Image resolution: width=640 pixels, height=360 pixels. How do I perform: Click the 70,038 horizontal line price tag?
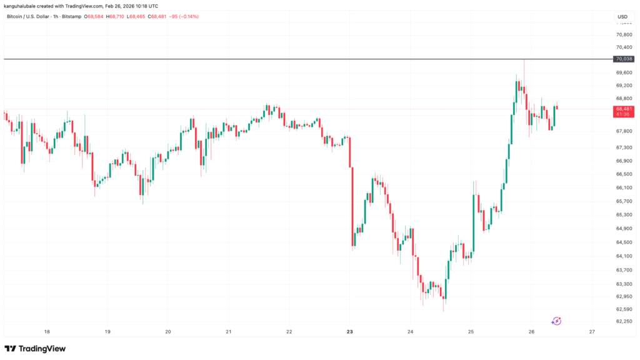click(624, 59)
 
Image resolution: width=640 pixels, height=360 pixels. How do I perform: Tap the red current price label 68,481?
click(624, 109)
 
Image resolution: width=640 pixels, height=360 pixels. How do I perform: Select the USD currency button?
click(622, 16)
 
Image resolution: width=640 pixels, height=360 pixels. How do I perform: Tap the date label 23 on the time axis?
click(349, 332)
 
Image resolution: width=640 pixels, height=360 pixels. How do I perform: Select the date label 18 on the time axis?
click(47, 332)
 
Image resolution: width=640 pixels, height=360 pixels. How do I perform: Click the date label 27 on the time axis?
click(591, 332)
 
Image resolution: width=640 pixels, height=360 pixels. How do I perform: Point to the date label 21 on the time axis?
click(229, 332)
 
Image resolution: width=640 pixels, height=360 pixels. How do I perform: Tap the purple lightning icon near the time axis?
click(556, 321)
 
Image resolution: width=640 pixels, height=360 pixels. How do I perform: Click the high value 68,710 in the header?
click(116, 16)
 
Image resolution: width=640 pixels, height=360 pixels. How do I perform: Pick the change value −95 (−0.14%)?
click(182, 16)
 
